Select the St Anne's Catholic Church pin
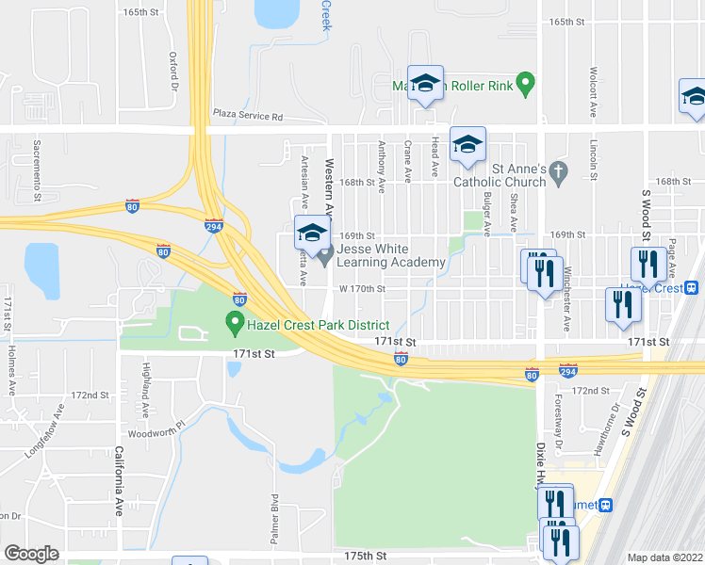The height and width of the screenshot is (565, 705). point(559,172)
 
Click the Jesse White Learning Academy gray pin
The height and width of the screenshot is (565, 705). point(324,254)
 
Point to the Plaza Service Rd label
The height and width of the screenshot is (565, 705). point(247,116)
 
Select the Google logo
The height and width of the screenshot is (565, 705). point(31,554)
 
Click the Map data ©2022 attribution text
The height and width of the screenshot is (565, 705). point(665,557)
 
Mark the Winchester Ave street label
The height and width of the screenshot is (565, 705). point(566,306)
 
